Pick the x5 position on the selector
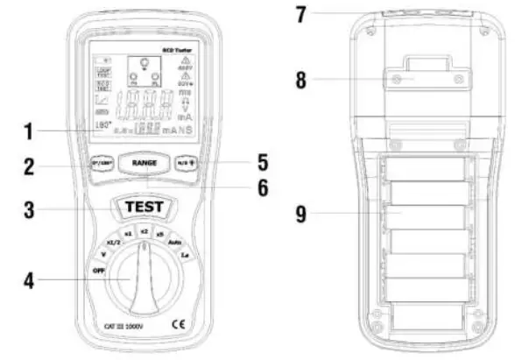159,234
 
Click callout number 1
28,133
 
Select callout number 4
28,282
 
